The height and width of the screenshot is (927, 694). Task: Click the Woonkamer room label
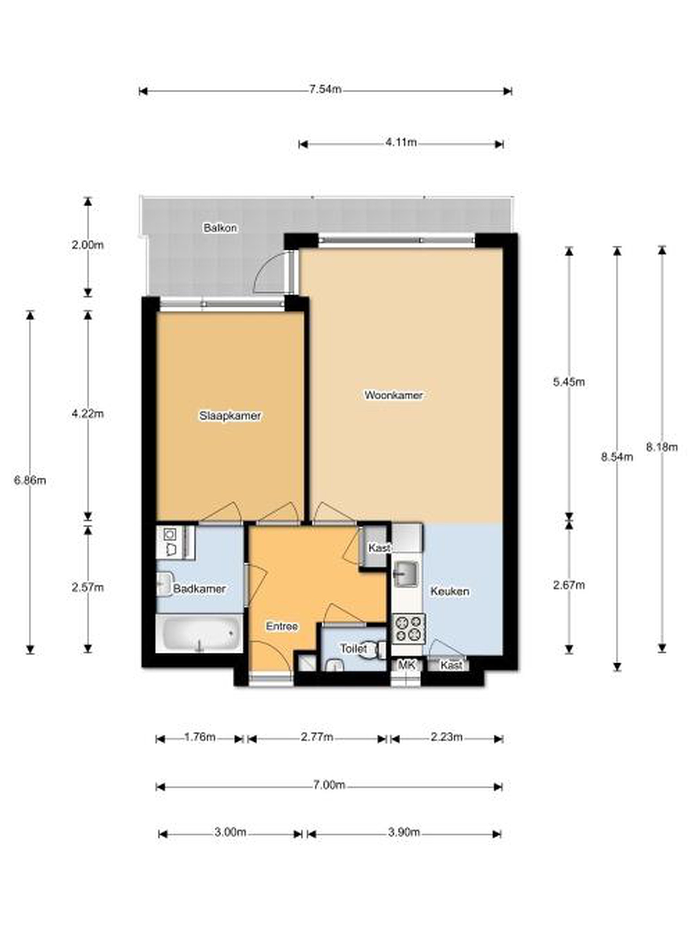coord(393,395)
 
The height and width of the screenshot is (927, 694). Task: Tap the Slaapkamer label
coord(230,416)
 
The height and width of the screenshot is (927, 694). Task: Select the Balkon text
coord(220,228)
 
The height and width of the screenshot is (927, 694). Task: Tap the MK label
coord(406,664)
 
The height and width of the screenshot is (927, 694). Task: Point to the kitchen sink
coord(406,573)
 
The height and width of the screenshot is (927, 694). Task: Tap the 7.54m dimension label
coord(324,89)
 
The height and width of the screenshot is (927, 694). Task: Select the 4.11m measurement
coord(401,143)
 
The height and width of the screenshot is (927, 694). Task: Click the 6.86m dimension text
coord(30,480)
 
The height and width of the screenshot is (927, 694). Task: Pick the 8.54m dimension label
coord(617,457)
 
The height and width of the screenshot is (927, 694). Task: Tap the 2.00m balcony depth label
coord(87,245)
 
